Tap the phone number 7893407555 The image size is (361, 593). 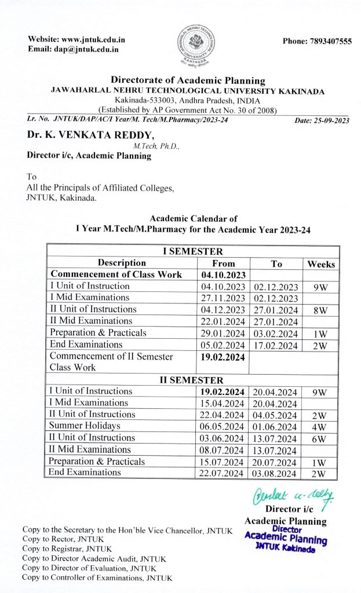tap(317, 42)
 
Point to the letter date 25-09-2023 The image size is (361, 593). tap(322, 120)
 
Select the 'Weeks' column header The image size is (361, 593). tap(321, 263)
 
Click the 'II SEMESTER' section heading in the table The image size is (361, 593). tap(192, 380)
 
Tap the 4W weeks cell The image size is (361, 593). tap(320, 426)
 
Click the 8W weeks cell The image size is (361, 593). tap(320, 310)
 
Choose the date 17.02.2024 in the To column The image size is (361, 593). tap(276, 345)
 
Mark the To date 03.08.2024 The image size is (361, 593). tap(276, 473)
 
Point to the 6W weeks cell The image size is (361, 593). tap(320, 438)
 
